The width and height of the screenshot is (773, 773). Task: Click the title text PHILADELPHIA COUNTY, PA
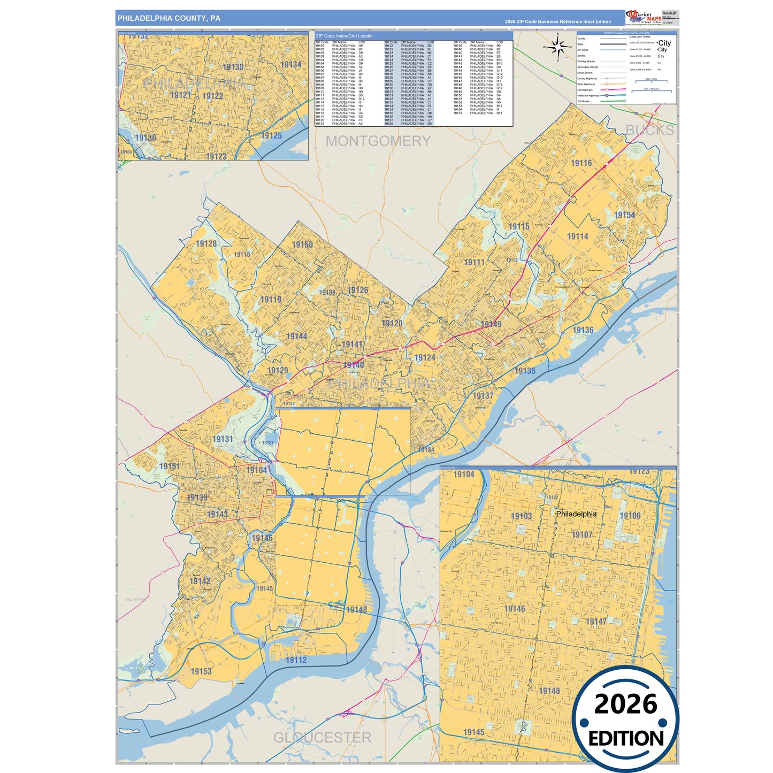(x=169, y=18)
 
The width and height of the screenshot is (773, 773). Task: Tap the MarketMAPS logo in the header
(x=644, y=17)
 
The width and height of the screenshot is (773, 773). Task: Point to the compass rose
(x=558, y=48)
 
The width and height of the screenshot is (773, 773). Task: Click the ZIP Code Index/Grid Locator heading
(x=344, y=36)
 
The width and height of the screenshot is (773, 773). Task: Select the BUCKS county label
(x=649, y=130)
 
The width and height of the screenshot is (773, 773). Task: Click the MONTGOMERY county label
(x=378, y=141)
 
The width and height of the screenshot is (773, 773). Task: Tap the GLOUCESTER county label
(x=322, y=737)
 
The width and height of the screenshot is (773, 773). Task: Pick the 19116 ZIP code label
(x=581, y=163)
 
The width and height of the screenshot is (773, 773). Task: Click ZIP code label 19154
(x=624, y=215)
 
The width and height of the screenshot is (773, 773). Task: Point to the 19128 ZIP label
(x=206, y=244)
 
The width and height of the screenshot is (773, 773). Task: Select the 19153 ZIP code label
(x=201, y=671)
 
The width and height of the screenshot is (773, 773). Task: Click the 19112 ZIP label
(x=296, y=660)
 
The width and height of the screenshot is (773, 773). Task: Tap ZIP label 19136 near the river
(x=583, y=330)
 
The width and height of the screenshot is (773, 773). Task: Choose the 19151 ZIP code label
(x=170, y=466)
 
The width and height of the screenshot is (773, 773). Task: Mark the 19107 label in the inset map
(x=581, y=535)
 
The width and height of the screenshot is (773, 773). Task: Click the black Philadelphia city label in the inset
(x=576, y=514)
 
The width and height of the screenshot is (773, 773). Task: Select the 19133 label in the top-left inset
(x=233, y=67)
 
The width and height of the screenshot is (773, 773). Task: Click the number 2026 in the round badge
(x=625, y=704)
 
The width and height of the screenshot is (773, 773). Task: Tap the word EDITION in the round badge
(x=626, y=738)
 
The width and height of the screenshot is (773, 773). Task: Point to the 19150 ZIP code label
(x=302, y=244)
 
